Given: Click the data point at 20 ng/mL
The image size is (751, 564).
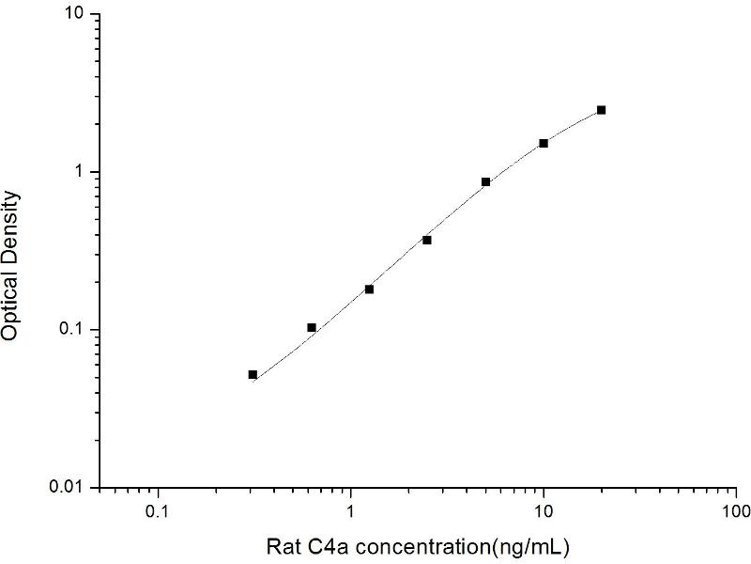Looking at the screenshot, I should click(601, 110).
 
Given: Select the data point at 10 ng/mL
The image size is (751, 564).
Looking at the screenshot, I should click(544, 143).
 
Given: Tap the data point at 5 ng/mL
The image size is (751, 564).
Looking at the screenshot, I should click(485, 181).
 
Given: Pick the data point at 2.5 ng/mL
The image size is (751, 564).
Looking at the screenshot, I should click(427, 240).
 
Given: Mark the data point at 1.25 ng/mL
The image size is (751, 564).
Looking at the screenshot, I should click(369, 289).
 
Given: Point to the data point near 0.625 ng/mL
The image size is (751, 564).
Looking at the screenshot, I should click(312, 327).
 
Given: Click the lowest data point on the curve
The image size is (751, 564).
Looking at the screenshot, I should click(253, 374).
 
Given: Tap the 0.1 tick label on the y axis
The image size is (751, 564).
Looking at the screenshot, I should click(72, 330).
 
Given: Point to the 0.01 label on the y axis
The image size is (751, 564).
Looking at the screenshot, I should click(69, 487).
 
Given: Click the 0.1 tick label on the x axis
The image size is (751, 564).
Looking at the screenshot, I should click(158, 514).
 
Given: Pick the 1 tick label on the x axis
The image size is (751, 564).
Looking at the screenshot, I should click(351, 514).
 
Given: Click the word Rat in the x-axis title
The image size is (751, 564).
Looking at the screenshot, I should click(284, 546).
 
